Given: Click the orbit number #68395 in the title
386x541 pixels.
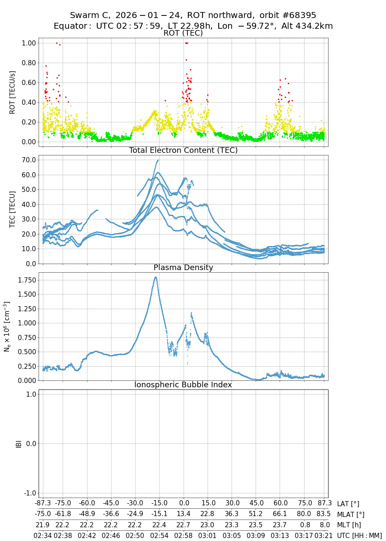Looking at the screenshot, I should (313, 15).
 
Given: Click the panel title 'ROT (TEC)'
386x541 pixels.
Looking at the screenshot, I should (183, 33).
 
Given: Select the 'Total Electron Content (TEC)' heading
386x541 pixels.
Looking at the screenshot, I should (183, 150).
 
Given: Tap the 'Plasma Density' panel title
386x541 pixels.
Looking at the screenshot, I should (183, 267).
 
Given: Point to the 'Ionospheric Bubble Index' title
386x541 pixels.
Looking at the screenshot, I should (183, 385).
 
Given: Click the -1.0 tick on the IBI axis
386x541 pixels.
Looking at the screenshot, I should (29, 493).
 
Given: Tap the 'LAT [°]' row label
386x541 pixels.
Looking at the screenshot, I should (348, 504).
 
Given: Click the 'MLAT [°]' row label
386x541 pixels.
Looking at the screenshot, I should (351, 514).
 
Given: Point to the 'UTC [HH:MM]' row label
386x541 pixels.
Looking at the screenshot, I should (359, 535).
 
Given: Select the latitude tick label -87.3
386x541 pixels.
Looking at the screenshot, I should (43, 504).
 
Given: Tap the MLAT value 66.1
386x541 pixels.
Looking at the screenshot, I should (280, 514).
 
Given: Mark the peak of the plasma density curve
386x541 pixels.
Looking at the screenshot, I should (155, 277).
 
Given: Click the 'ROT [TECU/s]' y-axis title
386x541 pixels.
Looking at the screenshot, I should (12, 92).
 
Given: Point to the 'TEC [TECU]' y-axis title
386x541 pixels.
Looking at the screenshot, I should (12, 210).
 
